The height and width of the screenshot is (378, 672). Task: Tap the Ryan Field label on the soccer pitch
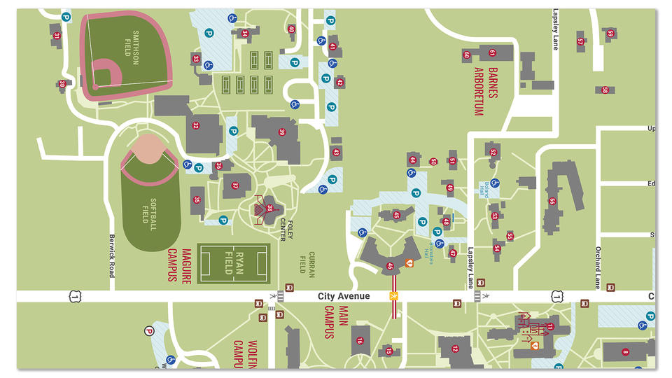click(x=234, y=263)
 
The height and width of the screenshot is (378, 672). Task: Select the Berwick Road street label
click(x=111, y=256)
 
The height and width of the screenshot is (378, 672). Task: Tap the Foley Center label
click(x=283, y=229)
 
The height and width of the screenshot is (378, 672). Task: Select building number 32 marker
click(x=196, y=126)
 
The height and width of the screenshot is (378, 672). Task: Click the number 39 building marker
click(x=283, y=132)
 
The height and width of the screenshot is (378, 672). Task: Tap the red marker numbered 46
click(x=390, y=265)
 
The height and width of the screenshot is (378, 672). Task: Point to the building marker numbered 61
click(x=492, y=52)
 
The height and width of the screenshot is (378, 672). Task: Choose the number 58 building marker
click(x=604, y=90)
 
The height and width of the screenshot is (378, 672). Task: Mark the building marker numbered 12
click(x=454, y=348)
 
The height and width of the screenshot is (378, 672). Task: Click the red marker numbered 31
click(x=56, y=35)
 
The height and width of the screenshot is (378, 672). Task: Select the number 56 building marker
click(x=552, y=201)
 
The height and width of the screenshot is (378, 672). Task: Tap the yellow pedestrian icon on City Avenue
click(x=393, y=297)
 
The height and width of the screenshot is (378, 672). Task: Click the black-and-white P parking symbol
click(x=148, y=332)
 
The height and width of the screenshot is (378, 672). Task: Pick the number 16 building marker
click(x=360, y=341)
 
